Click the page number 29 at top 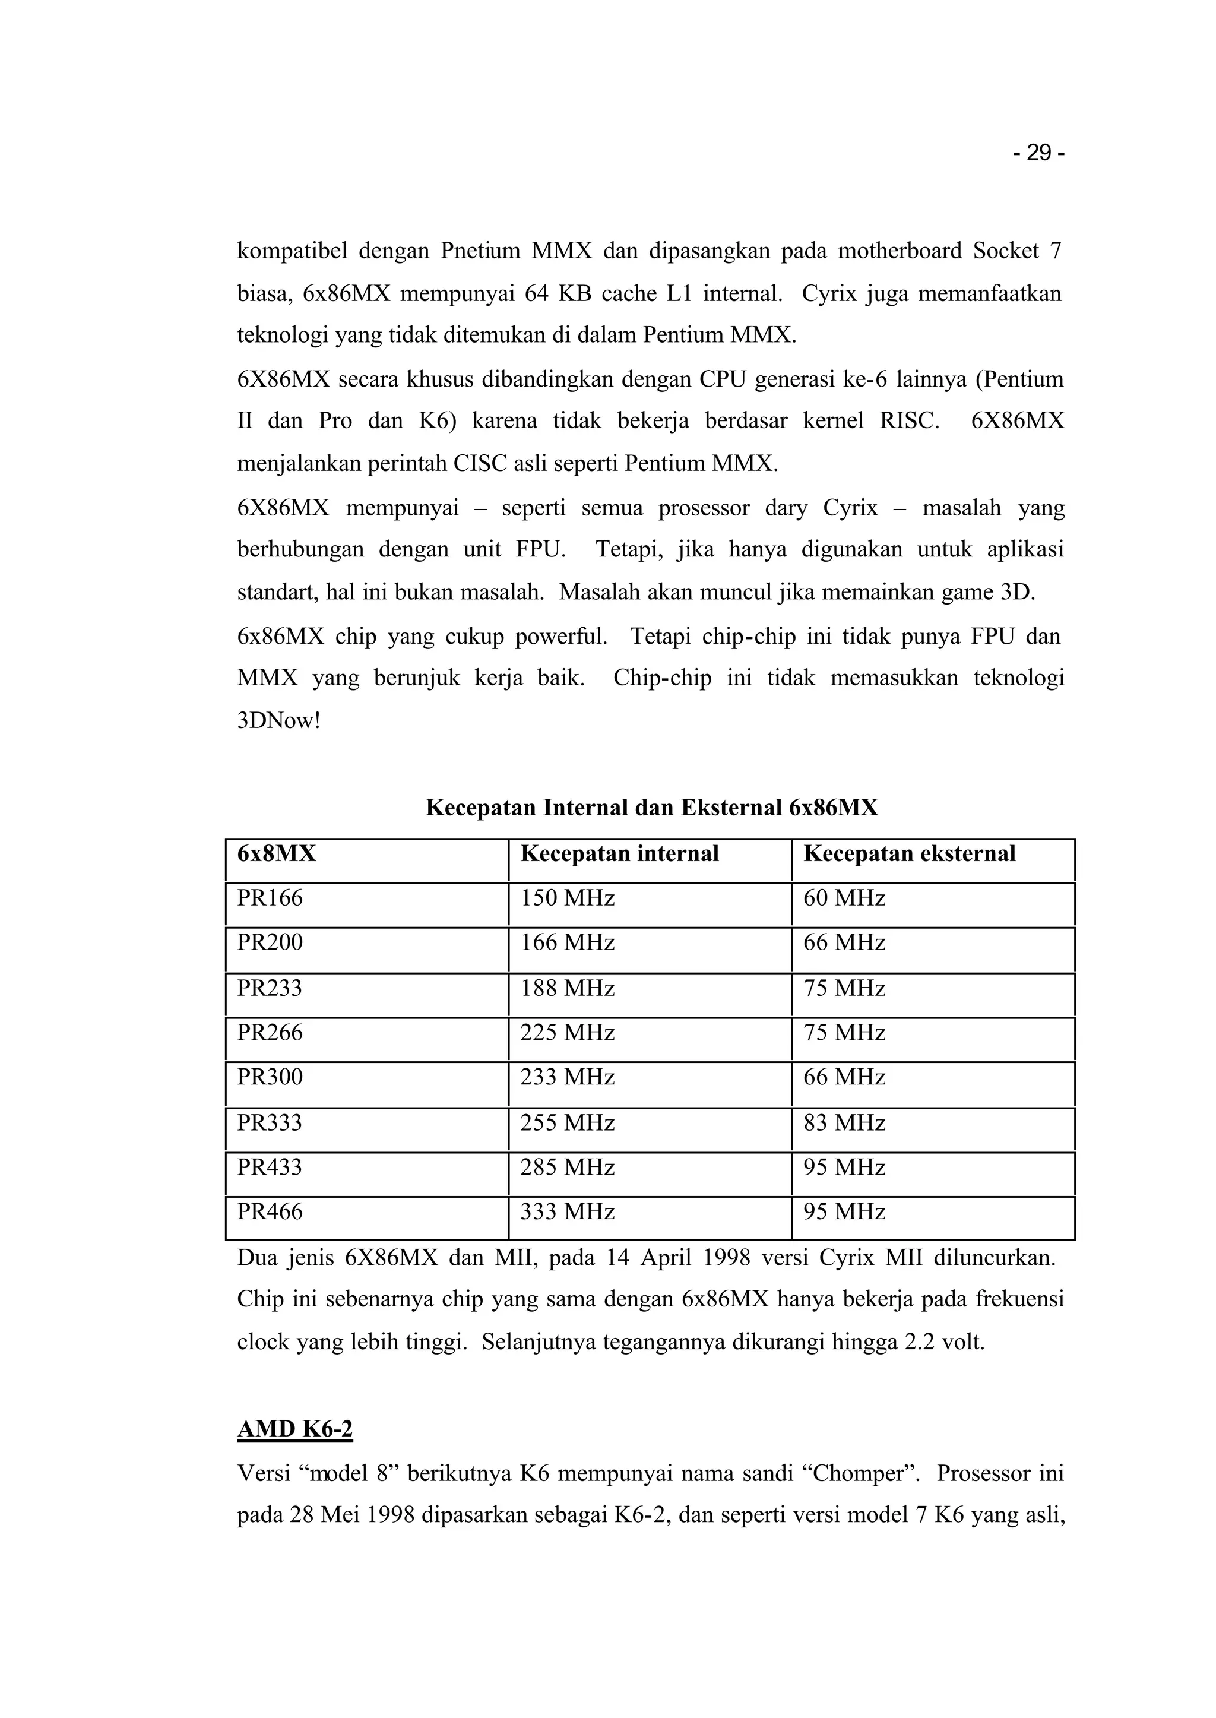click(1038, 154)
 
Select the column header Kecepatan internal click(619, 854)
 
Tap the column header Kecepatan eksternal click(909, 854)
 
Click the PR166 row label click(270, 898)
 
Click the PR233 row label click(270, 989)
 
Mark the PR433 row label click(270, 1168)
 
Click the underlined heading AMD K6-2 click(294, 1429)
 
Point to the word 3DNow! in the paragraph click(278, 722)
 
